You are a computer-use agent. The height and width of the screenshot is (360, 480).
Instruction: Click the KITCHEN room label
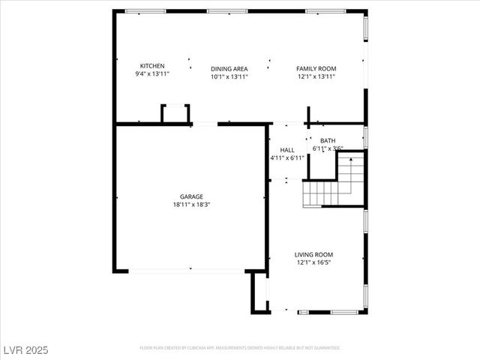pos(152,66)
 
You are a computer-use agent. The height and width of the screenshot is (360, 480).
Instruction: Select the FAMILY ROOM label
pos(316,67)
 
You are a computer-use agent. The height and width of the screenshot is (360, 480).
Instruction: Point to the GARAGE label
pos(190,196)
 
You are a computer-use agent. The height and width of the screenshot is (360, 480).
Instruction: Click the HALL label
pos(287,150)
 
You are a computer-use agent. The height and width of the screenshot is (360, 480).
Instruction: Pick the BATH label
pos(328,140)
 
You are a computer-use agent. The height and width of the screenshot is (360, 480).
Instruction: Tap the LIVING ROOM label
pos(313,255)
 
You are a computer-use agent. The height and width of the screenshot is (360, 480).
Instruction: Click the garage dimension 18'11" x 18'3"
pos(190,204)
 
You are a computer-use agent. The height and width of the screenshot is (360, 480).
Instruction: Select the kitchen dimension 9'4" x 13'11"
pos(152,74)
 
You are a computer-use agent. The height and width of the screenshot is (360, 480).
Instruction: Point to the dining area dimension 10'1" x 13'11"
pos(229,76)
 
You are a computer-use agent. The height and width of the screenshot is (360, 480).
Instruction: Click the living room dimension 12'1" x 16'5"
pos(313,262)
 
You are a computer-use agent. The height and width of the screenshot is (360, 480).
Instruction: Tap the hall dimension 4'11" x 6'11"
pos(287,157)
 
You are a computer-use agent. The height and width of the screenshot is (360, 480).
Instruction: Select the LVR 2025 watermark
pos(26,351)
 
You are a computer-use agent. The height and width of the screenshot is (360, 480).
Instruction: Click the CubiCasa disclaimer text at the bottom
pos(240,348)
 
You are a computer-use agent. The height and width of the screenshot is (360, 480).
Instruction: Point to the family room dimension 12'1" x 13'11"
pos(316,76)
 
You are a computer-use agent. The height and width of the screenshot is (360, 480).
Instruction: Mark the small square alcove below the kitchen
pos(175,114)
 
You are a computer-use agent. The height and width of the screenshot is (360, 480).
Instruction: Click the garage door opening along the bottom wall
pos(190,269)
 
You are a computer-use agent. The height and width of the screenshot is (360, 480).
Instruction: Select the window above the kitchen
pos(145,11)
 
